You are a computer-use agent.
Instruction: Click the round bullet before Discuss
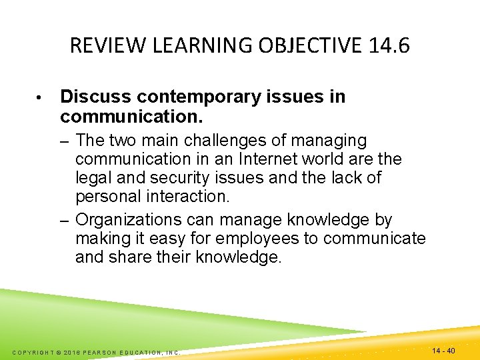41,98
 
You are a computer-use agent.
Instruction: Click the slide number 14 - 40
443,351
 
